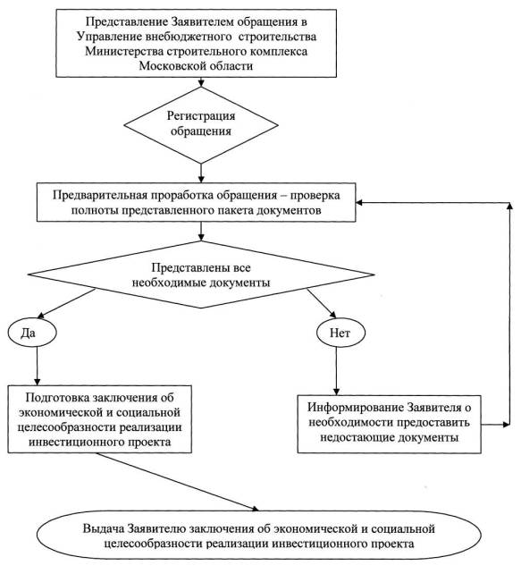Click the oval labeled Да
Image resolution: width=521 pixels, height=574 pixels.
(x=32, y=333)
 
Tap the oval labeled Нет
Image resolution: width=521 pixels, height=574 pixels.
(x=340, y=333)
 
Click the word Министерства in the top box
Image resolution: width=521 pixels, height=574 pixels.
(x=124, y=51)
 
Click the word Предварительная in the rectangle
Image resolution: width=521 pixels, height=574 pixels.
(x=99, y=195)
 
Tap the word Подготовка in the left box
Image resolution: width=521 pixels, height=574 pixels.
(x=57, y=398)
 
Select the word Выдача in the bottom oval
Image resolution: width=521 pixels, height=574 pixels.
(x=104, y=528)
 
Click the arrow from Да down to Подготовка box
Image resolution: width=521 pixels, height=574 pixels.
(x=37, y=366)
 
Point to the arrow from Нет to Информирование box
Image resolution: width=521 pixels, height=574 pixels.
(x=336, y=370)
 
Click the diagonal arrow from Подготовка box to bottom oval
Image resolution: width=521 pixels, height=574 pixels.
(x=178, y=482)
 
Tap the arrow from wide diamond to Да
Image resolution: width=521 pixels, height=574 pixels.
(x=66, y=304)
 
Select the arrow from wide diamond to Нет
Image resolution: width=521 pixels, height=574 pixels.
(x=322, y=303)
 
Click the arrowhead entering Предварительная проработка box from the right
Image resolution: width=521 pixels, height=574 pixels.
(x=359, y=202)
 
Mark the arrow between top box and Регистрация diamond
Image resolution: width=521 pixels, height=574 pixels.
(x=201, y=81)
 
